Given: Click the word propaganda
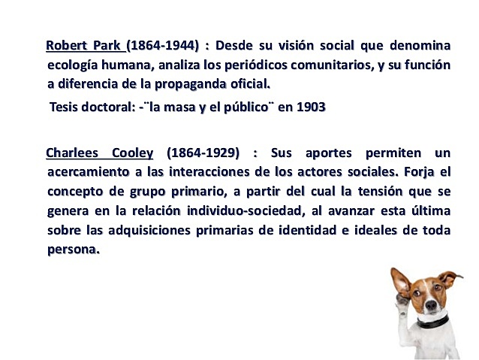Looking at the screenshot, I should pos(191,83).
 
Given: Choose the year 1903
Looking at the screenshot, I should pos(311,107).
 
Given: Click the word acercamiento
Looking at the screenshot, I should pos(87,171).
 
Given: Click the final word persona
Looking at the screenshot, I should pos(73,250).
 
